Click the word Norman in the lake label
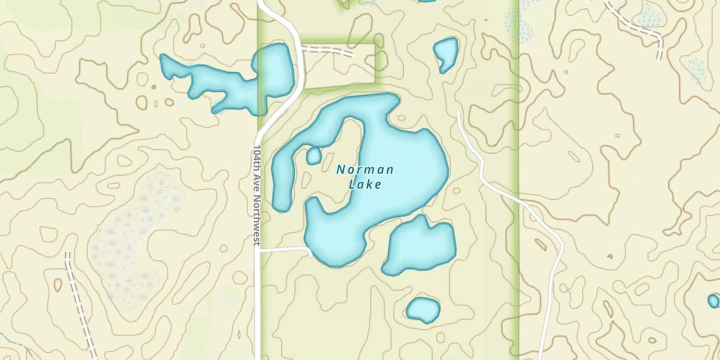[x=365, y=169]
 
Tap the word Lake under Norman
[x=365, y=184]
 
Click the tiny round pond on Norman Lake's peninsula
[x=313, y=156]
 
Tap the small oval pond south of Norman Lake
[x=423, y=310]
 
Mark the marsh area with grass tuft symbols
[x=130, y=235]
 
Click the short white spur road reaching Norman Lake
[x=286, y=249]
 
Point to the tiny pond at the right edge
[x=713, y=301]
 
